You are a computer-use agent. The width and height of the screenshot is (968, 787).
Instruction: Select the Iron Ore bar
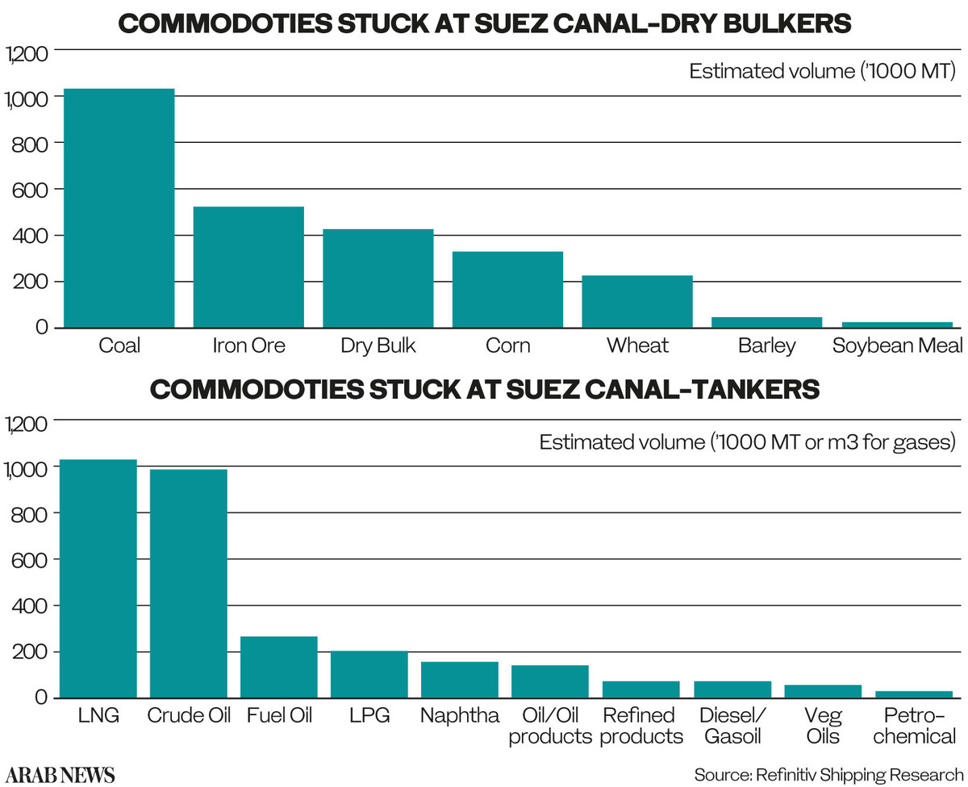tap(248, 267)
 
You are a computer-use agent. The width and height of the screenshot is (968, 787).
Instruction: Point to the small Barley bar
tap(766, 322)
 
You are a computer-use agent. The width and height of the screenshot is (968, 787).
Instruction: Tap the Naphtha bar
tap(460, 680)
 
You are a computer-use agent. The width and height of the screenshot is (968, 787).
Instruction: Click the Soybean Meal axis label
tap(898, 346)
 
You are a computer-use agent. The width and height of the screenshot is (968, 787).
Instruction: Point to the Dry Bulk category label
tap(378, 346)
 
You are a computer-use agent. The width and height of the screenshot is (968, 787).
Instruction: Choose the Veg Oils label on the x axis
tap(823, 726)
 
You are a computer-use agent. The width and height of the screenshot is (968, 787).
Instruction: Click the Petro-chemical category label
tap(914, 726)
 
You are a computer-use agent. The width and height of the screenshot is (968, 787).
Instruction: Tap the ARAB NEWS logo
tap(62, 774)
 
